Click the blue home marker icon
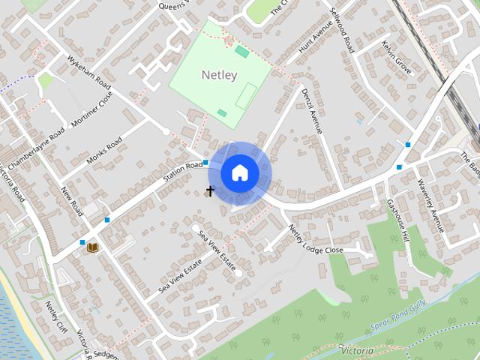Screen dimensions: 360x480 click(x=240, y=173)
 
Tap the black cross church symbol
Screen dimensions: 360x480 click(x=210, y=191)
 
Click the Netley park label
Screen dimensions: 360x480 click(x=219, y=75)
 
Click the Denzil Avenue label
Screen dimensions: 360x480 click(x=312, y=111)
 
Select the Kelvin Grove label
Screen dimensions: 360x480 click(x=396, y=58)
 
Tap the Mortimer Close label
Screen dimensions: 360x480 click(x=91, y=110)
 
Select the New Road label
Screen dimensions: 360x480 click(x=73, y=202)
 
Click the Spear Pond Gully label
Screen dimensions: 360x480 click(x=402, y=319)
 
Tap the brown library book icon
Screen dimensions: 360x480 click(x=92, y=247)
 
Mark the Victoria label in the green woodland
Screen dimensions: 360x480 click(x=356, y=350)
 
